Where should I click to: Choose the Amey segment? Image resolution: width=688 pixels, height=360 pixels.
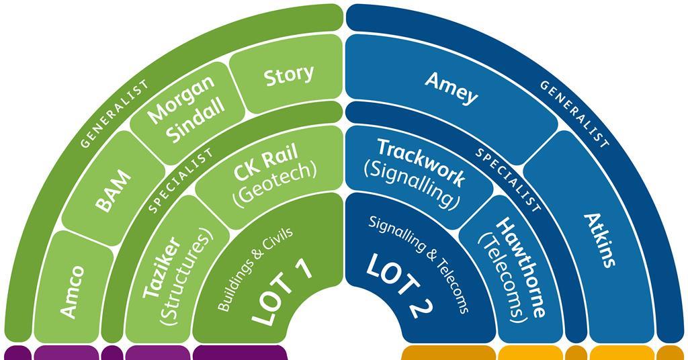click(451, 87)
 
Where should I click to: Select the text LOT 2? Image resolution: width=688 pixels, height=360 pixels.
click(399, 288)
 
